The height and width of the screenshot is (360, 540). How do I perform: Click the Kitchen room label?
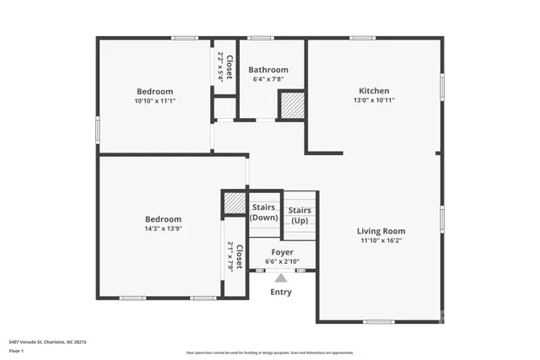[x=374, y=90]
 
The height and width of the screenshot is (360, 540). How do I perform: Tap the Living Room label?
[x=381, y=231]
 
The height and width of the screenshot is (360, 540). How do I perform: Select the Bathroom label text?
[x=268, y=70]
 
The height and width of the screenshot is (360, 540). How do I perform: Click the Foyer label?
[x=281, y=252]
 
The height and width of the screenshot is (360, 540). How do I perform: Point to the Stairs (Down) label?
[x=264, y=212]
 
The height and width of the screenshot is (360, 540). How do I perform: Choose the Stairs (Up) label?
[x=300, y=215]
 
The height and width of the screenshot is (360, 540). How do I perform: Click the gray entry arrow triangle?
[x=281, y=277]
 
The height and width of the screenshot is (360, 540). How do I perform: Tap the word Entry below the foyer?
[x=281, y=293]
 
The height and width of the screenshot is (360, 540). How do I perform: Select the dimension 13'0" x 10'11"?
[x=374, y=100]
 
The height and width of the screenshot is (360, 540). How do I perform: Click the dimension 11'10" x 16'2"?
[x=381, y=240]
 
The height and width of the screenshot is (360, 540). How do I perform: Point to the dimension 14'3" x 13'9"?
[x=162, y=228]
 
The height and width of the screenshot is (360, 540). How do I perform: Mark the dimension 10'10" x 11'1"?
[x=155, y=100]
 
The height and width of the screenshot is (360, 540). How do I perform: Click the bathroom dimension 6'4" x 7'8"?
[x=268, y=79]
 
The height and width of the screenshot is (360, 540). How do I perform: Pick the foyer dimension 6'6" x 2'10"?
[x=281, y=261]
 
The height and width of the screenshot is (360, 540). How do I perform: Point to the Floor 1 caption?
[x=18, y=350]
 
